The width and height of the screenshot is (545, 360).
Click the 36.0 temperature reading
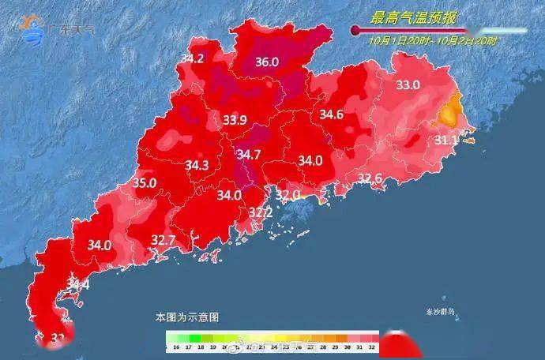click(267, 62)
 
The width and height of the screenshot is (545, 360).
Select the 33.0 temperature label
click(408, 84)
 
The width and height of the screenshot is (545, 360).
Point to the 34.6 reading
click(331, 114)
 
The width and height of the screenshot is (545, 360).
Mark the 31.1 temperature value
click(446, 140)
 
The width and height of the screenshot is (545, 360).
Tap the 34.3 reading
click(197, 165)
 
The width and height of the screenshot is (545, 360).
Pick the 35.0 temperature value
click(145, 182)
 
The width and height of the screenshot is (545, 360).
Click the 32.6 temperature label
click(370, 178)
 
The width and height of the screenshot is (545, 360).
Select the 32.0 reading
click(288, 194)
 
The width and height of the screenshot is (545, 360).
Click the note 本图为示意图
click(186, 317)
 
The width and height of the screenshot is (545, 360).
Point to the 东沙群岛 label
click(439, 312)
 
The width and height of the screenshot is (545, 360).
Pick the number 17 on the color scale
click(186, 347)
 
